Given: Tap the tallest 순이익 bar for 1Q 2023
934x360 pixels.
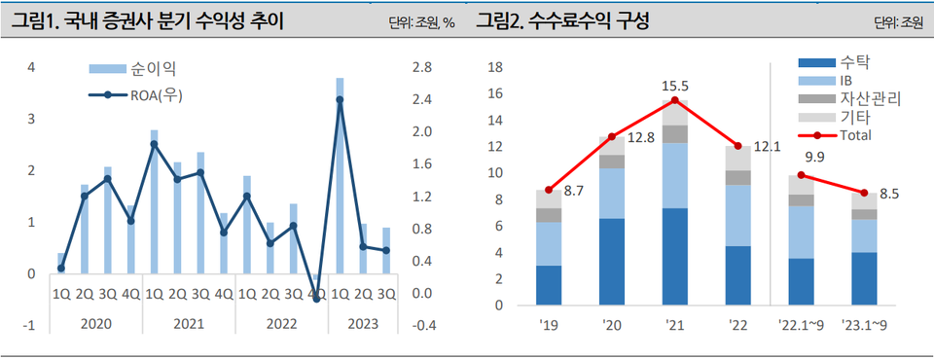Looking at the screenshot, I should click(340, 175).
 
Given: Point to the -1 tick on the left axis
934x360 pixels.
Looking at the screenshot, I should click(32, 326).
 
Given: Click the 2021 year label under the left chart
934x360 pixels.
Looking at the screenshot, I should click(189, 323).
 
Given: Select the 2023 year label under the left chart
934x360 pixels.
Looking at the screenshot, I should click(362, 323).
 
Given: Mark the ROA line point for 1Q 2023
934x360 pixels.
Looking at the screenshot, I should click(340, 99).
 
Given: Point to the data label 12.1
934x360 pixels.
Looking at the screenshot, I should click(769, 147).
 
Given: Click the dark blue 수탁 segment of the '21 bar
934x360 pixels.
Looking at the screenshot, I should click(674, 256).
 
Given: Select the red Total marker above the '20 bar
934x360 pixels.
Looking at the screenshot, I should click(612, 137).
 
